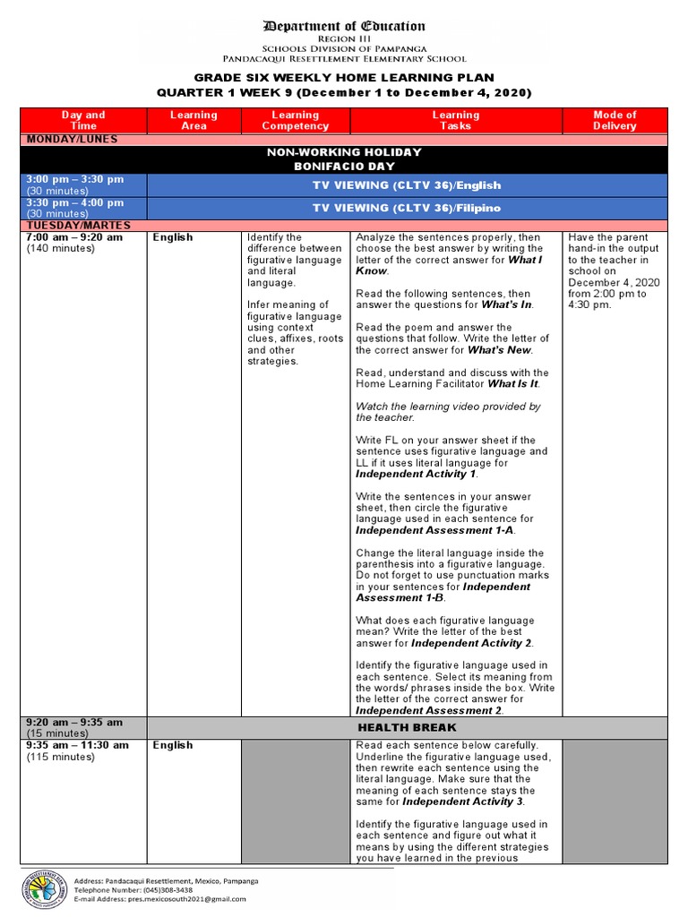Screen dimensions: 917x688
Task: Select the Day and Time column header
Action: pyautogui.click(x=83, y=120)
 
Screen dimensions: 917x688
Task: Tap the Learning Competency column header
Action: pyautogui.click(x=295, y=120)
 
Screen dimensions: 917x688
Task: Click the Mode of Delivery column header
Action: pyautogui.click(x=615, y=120)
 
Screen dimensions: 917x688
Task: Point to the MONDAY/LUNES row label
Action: pyautogui.click(x=72, y=139)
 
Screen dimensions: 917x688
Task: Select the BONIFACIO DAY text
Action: pyautogui.click(x=344, y=167)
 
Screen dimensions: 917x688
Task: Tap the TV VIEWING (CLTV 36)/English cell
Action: pyautogui.click(x=406, y=185)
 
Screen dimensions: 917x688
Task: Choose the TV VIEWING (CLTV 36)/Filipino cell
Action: pyautogui.click(x=406, y=208)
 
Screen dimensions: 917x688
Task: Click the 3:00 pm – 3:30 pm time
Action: pyautogui.click(x=75, y=179)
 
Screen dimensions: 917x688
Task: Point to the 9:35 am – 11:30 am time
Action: pyautogui.click(x=77, y=745)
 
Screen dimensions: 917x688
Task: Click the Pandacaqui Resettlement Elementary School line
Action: pyautogui.click(x=344, y=58)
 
